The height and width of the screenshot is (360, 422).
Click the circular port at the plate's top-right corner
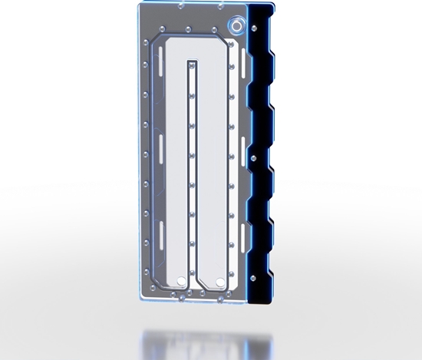pyautogui.click(x=237, y=26)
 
